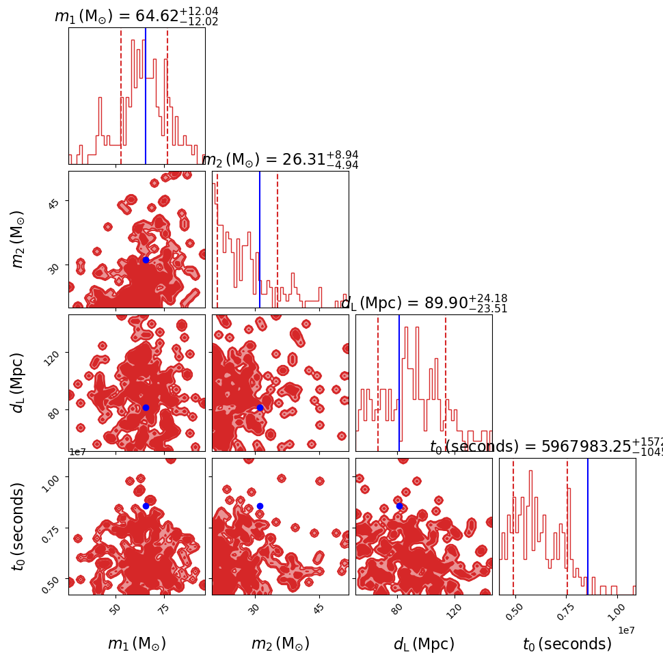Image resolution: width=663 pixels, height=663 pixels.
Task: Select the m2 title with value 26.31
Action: point(280,160)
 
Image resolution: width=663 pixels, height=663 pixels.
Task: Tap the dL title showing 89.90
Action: point(424,303)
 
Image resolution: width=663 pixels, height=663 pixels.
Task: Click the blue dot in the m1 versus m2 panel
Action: point(146,260)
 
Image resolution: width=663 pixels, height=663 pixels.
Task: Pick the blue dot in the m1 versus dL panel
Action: point(146,407)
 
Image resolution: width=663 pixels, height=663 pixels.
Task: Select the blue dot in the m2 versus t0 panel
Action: point(260,506)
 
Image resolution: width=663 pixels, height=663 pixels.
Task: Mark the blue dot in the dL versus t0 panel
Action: point(399,506)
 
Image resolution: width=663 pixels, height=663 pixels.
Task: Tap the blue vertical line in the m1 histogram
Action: point(146,96)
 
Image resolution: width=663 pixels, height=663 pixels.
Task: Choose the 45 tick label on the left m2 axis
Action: point(53,202)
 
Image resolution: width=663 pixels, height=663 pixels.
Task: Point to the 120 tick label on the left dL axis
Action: point(53,354)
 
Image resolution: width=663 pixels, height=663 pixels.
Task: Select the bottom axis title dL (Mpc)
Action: point(424,644)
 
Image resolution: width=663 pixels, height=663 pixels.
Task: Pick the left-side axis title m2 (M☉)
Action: point(18,239)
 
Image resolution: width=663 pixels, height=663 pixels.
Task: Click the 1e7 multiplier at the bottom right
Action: point(627,630)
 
